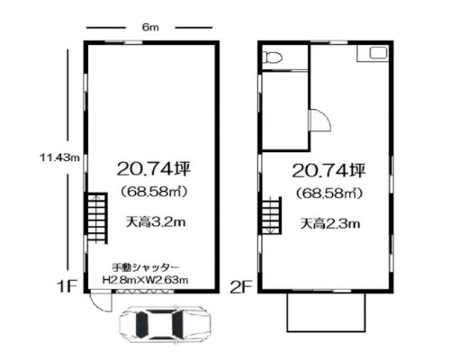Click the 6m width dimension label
click(150, 28)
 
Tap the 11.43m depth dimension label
click(60, 157)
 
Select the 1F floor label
click(67, 286)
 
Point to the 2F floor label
click(241, 287)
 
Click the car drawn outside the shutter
click(165, 324)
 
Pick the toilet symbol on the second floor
click(273, 57)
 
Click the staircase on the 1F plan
click(97, 218)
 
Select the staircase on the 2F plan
click(272, 215)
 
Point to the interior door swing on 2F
click(320, 120)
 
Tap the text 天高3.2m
click(156, 222)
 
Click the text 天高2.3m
click(330, 224)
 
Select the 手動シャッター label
click(146, 267)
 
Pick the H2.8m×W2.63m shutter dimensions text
click(146, 280)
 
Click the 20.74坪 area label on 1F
click(154, 169)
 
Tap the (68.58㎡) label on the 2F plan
click(329, 193)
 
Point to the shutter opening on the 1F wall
click(145, 291)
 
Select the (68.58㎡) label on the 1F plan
click(154, 192)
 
